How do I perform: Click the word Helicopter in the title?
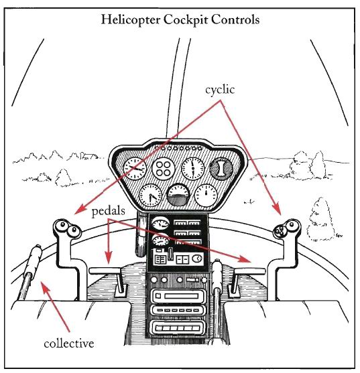tap(131, 20)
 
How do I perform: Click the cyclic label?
tap(220, 90)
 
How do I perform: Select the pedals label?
tap(109, 211)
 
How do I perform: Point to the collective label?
tap(69, 344)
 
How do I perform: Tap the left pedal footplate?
tap(105, 271)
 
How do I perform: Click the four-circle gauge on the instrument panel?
tap(164, 169)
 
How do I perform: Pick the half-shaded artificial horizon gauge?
tap(179, 195)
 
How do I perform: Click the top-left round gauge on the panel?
tap(135, 169)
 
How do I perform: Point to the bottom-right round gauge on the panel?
tap(206, 196)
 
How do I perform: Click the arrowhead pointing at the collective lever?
tap(45, 287)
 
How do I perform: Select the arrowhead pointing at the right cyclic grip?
tap(277, 210)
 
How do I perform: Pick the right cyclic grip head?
tap(287, 228)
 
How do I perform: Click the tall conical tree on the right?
tap(320, 220)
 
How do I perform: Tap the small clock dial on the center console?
tap(197, 258)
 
